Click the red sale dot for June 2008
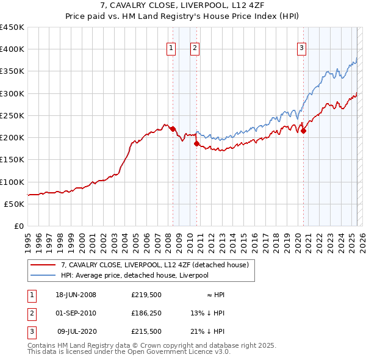click(173, 129)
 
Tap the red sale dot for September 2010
click(196, 144)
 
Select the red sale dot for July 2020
click(303, 131)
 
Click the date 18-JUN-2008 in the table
click(76, 295)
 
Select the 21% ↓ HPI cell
click(207, 331)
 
